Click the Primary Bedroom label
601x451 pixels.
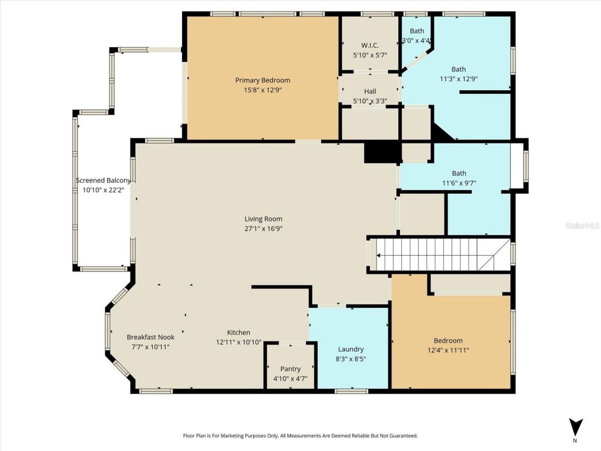(262, 80)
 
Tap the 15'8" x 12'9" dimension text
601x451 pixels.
(262, 90)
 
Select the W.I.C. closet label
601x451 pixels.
(370, 46)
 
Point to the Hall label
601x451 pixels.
(370, 92)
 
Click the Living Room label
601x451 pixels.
(263, 219)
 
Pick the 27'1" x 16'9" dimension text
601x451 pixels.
(263, 229)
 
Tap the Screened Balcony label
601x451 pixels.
(103, 180)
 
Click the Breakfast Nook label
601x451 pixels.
(150, 337)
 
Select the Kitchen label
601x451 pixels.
(239, 333)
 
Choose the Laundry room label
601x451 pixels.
(351, 350)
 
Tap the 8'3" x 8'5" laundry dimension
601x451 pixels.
(351, 359)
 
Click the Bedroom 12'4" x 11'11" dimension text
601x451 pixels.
(448, 350)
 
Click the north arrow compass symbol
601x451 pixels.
(575, 428)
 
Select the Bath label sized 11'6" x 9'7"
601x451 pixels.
(459, 173)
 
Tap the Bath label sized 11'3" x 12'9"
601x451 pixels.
(458, 70)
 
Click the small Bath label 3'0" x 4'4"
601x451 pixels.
(416, 31)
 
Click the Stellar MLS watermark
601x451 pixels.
(582, 226)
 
